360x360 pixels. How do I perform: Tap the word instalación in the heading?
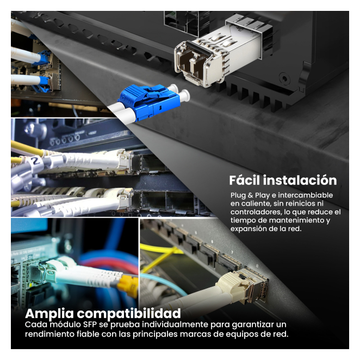(300, 180)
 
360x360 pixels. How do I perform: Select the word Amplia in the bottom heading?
(49, 314)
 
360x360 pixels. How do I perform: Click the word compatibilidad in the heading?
(129, 314)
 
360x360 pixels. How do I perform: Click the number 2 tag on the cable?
(35, 162)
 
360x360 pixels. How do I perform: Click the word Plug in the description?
(238, 196)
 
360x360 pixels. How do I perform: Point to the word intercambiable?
(306, 195)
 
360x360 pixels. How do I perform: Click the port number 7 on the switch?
(232, 252)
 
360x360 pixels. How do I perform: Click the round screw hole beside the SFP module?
(284, 79)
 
